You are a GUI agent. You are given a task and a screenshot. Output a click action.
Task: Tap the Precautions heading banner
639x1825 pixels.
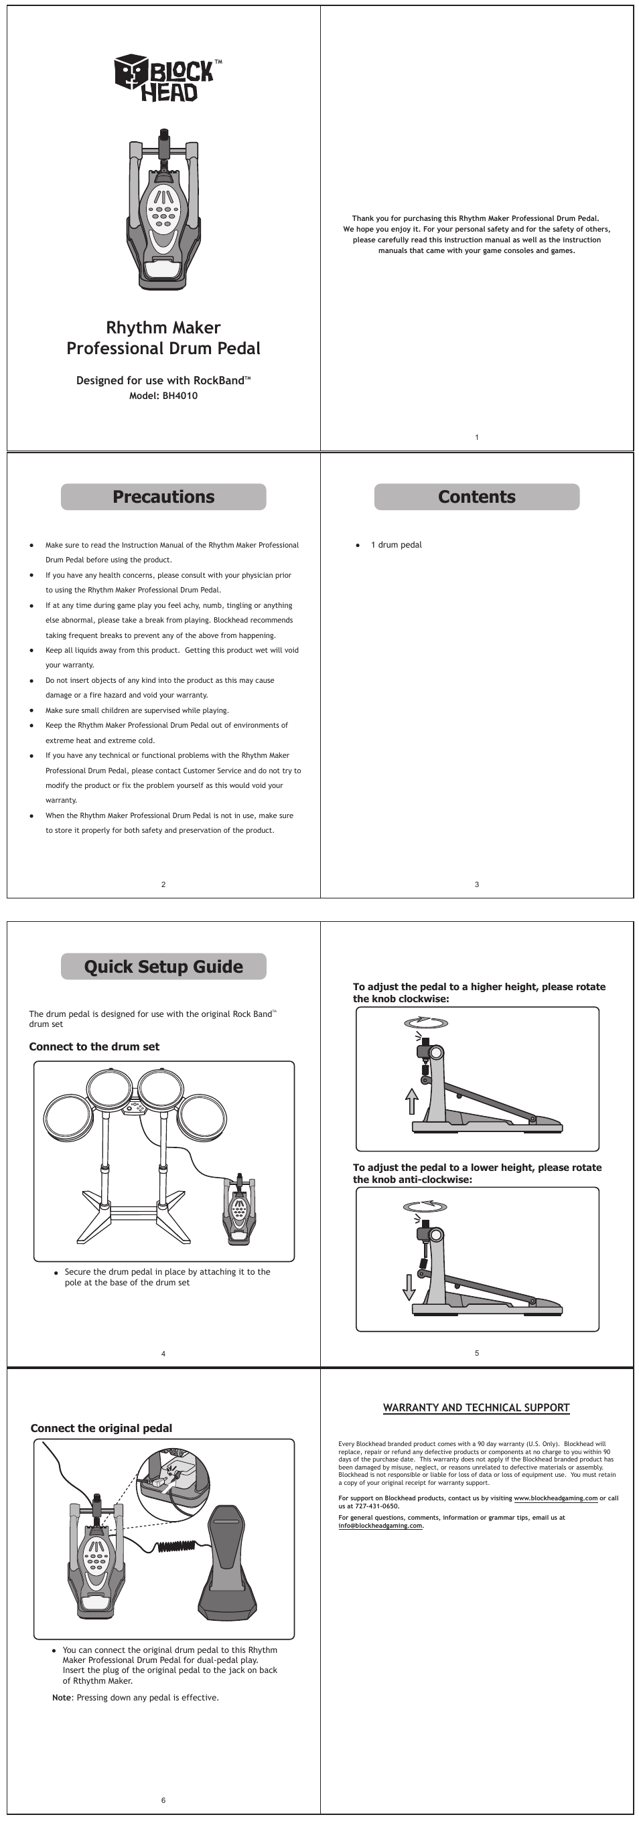(163, 497)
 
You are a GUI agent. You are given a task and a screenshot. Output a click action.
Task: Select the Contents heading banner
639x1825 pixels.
(476, 497)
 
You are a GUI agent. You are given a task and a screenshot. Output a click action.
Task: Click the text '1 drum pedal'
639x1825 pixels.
(396, 545)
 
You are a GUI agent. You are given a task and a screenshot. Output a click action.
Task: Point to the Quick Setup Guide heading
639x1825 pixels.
(163, 966)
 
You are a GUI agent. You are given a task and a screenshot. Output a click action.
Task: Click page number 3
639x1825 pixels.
(477, 884)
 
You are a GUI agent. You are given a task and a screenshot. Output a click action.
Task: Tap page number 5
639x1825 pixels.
(477, 1353)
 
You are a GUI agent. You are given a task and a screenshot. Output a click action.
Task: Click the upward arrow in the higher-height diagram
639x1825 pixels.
(411, 1102)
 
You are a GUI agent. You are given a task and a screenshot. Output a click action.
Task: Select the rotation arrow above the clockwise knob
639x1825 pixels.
(426, 1022)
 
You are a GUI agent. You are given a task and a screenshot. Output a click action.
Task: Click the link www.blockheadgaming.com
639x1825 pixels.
(555, 1498)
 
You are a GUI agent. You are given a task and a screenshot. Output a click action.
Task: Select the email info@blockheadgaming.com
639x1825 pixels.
(380, 1525)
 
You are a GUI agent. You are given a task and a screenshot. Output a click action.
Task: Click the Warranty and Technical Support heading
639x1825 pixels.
(476, 1408)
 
